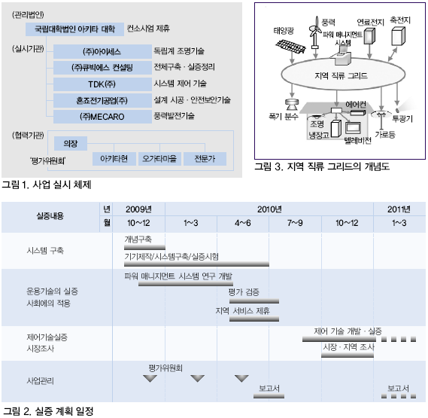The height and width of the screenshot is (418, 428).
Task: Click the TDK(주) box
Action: click(x=102, y=84)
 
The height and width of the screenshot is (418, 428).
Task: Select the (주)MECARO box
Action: click(x=102, y=117)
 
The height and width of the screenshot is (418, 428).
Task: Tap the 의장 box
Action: click(x=71, y=143)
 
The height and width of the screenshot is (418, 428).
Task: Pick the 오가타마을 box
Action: click(x=159, y=159)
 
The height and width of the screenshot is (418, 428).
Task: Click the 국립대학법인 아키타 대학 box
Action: click(x=74, y=29)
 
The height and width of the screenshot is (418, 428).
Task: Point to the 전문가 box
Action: click(x=205, y=159)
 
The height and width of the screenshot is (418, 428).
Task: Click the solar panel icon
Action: click(x=290, y=46)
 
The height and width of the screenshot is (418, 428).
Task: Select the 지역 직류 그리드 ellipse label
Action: click(x=341, y=75)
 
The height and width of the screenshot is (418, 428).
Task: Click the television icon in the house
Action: click(x=354, y=128)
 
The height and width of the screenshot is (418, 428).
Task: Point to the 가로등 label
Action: click(x=385, y=134)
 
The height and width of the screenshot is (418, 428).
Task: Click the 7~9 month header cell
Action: click(x=295, y=223)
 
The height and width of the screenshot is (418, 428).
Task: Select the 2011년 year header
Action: click(x=399, y=209)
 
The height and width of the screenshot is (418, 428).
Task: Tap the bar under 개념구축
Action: click(x=144, y=248)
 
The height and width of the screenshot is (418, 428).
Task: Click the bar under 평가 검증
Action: click(x=254, y=301)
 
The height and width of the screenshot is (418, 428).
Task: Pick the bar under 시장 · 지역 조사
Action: click(x=348, y=355)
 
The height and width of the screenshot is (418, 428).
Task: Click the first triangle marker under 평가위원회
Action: click(x=150, y=379)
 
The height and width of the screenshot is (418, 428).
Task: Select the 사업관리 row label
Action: click(x=40, y=381)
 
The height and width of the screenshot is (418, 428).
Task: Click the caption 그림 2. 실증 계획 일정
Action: click(x=48, y=411)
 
